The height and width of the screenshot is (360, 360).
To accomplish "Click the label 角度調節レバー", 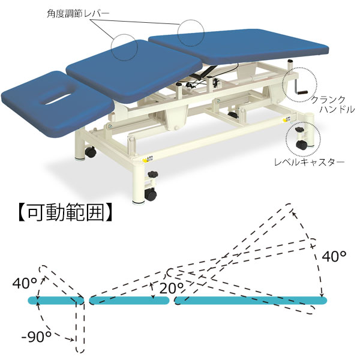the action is pyautogui.click(x=78, y=14).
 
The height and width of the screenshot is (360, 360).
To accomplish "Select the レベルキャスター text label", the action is pyautogui.click(x=310, y=163).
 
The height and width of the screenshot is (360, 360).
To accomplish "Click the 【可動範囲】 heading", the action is pyautogui.click(x=65, y=213).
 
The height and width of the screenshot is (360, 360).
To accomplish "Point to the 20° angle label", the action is pyautogui.click(x=172, y=288).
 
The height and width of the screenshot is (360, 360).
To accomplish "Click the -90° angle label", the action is pyautogui.click(x=37, y=337).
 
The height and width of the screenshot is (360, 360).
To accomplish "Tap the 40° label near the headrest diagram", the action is pyautogui.click(x=25, y=283).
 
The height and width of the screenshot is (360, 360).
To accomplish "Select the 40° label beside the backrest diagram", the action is pyautogui.click(x=334, y=256).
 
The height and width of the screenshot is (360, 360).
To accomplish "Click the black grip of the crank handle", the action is pyautogui.click(x=302, y=92).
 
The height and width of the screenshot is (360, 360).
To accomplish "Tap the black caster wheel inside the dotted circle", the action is pyautogui.click(x=301, y=145).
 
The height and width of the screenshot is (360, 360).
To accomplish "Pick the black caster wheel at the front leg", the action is pyautogui.click(x=151, y=194).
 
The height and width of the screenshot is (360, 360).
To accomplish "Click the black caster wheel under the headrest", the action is pyautogui.click(x=91, y=152).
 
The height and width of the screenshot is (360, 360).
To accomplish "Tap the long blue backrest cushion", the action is pyautogui.click(x=239, y=46).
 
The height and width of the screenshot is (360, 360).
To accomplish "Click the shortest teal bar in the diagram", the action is pyautogui.click(x=56, y=301).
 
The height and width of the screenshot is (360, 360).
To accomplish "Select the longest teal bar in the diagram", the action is pyautogui.click(x=250, y=301).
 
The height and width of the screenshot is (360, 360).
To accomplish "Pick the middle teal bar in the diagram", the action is pyautogui.click(x=129, y=301).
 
